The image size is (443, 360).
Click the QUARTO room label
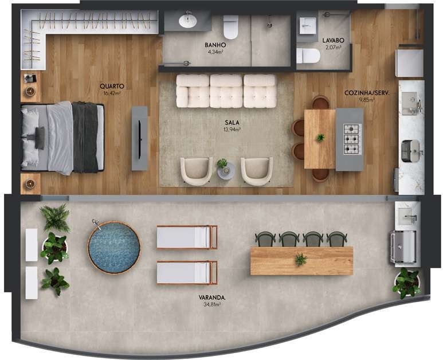coord(112,86)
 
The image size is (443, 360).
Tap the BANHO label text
coord(215,45)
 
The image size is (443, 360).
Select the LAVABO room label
coord(333,40)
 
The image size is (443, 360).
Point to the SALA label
coord(232,122)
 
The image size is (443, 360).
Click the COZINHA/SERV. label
coord(367,93)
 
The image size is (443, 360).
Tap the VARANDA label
coord(212,298)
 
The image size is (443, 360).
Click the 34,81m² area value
coord(212,304)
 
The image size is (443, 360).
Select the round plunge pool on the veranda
coord(114,248)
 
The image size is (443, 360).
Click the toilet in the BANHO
coord(230,27)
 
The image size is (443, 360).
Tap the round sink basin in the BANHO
coord(187,21)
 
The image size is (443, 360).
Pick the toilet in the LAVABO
coord(308,56)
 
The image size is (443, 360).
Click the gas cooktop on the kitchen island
coord(352,139)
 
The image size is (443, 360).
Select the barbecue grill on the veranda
coord(403,246)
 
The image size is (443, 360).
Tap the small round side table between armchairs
coord(225,171)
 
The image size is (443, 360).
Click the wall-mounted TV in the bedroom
coord(139,139)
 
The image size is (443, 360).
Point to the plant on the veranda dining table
coord(301,260)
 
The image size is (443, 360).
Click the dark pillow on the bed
coord(40,138)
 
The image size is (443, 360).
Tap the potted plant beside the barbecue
coord(406,283)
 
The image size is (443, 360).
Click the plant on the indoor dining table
coord(320,138)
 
